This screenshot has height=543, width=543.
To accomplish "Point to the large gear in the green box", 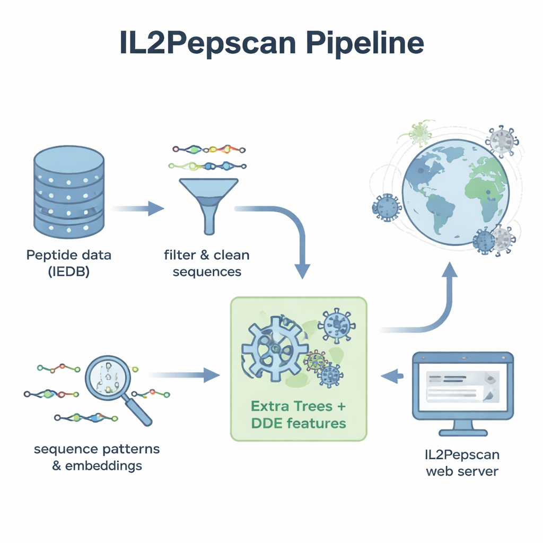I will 274,348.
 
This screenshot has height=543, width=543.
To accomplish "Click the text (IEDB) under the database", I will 68,271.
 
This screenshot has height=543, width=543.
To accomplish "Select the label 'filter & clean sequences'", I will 207,264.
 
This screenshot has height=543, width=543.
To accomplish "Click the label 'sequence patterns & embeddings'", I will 97,458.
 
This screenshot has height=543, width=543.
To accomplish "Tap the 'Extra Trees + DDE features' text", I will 299,415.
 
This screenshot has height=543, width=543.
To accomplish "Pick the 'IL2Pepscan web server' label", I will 462,462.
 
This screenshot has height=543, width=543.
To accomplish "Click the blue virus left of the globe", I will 388,207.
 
